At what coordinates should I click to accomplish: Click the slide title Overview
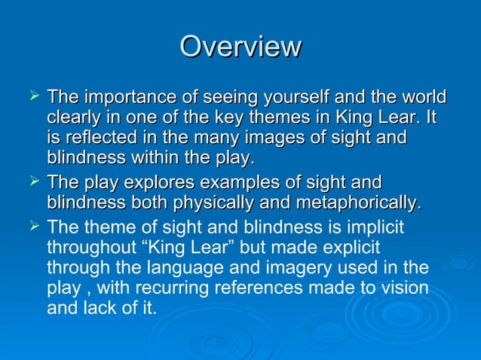pos(240,47)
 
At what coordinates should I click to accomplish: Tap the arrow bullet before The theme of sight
pos(32,225)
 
